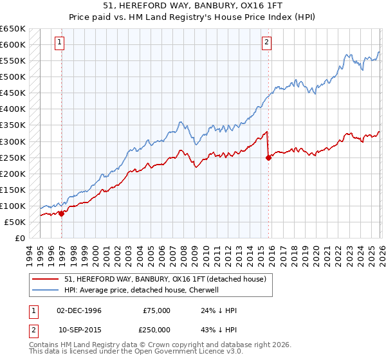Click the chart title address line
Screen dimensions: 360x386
tap(193, 6)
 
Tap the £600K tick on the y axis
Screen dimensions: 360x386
tap(13, 44)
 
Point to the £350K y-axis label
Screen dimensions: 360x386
tap(13, 125)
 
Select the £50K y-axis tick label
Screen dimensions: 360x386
tap(15, 222)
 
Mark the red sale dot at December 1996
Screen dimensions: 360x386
tap(62, 214)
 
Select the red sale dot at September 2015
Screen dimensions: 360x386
tap(268, 157)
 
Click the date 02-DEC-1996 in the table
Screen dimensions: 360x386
tap(79, 310)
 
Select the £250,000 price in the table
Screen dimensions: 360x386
tap(156, 328)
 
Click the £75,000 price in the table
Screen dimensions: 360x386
tap(156, 310)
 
